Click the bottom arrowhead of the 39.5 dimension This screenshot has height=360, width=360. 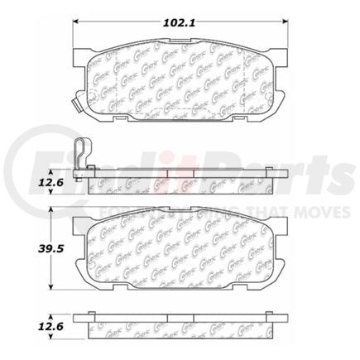pyautogui.click(x=54, y=288)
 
